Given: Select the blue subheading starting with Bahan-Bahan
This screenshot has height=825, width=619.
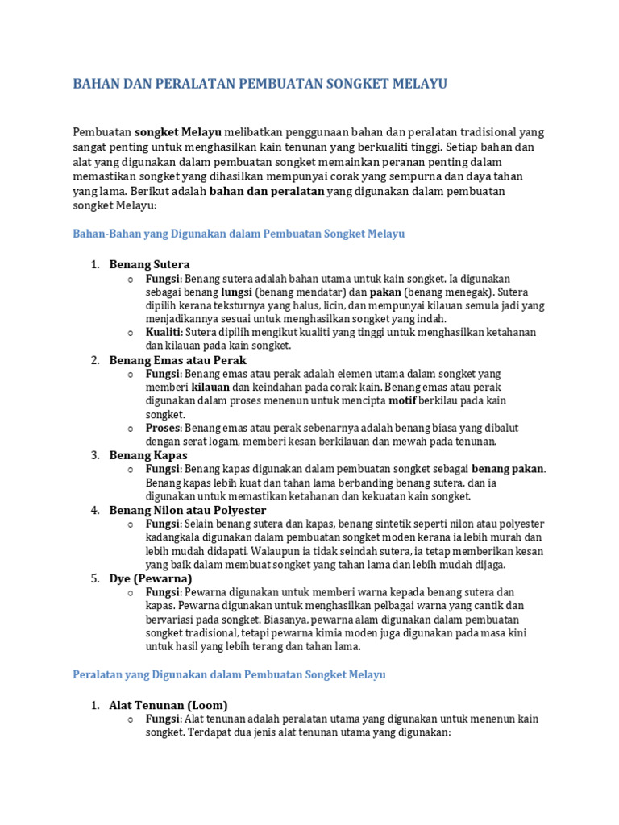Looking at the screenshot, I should (x=239, y=234).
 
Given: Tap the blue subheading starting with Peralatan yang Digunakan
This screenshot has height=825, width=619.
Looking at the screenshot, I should (x=229, y=674).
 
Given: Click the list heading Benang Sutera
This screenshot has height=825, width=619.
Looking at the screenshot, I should (x=149, y=264).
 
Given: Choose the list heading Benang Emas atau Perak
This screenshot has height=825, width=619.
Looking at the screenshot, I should (x=177, y=360).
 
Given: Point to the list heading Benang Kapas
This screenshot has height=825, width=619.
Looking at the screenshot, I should (x=148, y=455).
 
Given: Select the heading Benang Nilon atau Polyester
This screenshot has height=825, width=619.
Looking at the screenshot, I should (x=187, y=510).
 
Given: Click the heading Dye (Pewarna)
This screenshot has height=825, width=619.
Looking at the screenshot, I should (x=150, y=578).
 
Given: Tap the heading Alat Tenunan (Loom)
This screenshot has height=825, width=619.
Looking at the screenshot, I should (x=168, y=705).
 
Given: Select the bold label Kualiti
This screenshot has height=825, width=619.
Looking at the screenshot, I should (x=164, y=332).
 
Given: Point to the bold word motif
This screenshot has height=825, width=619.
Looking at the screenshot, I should (x=402, y=400).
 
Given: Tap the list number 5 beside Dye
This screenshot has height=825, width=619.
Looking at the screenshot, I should (x=93, y=578).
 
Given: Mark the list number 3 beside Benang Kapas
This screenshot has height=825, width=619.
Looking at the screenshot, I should (x=93, y=455).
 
